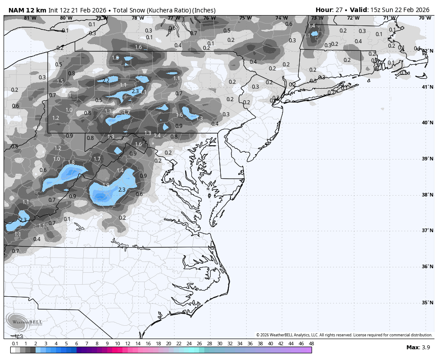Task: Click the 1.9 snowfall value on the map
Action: coord(106,185)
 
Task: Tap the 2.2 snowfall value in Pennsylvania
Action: coord(106,81)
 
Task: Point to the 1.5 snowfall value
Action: coord(60,82)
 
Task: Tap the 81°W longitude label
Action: coord(30,18)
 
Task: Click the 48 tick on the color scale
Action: coord(311,344)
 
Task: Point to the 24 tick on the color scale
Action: coord(189,344)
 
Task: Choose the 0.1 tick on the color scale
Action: coord(15,344)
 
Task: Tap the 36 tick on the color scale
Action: coord(250,344)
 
